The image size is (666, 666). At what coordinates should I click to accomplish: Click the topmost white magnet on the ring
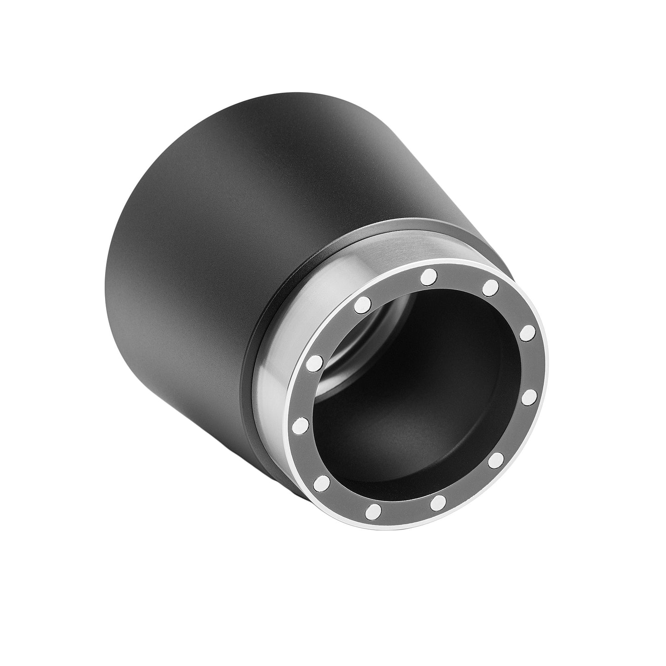(429, 277)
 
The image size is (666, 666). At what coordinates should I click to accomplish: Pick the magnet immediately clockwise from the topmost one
(491, 288)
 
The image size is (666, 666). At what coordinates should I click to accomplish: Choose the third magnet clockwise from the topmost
(530, 396)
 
